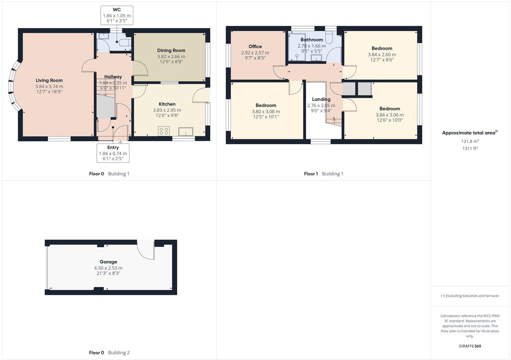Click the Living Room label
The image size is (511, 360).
point(49,80)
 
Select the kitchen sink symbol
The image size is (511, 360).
point(186,131)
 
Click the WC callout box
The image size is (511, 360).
point(117,15)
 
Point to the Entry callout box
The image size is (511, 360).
point(113,153)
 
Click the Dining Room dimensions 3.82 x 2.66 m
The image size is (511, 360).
point(171,56)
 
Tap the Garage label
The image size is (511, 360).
point(108,262)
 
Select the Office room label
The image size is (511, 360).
point(255,47)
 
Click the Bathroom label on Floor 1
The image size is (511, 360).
point(311,40)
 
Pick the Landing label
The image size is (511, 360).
point(321,99)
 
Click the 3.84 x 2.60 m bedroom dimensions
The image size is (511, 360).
point(382,55)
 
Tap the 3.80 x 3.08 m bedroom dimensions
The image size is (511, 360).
point(266,112)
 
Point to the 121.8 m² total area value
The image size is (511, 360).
point(469,141)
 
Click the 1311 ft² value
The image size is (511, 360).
point(469,148)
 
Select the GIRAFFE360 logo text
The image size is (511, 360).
point(469,346)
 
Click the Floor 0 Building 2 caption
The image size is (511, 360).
point(109,353)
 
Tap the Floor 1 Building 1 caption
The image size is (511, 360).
point(323,174)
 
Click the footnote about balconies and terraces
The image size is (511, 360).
point(469,296)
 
